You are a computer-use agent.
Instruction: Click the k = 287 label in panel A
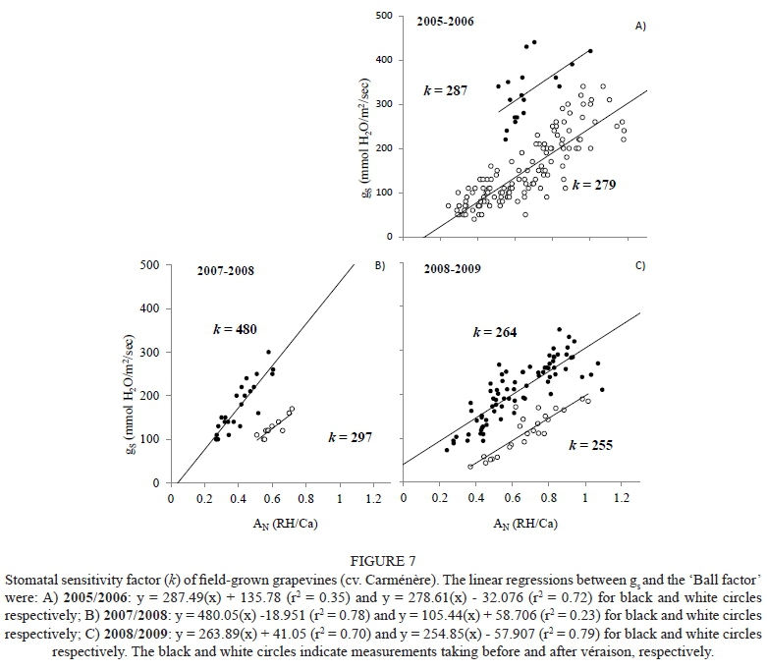(445, 89)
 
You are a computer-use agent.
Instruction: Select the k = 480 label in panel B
(236, 330)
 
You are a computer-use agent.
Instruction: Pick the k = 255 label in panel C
(590, 445)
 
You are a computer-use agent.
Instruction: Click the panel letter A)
(639, 27)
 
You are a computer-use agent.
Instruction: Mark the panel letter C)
(638, 265)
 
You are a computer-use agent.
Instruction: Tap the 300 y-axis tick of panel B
(149, 352)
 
